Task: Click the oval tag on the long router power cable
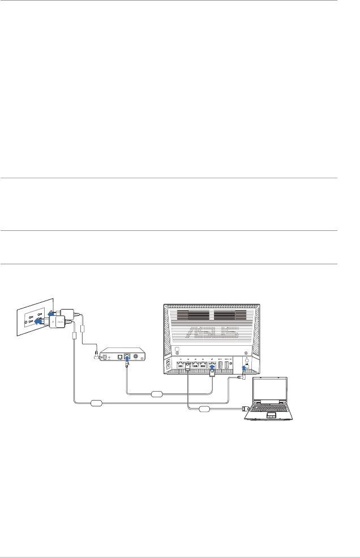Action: point(96,402)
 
